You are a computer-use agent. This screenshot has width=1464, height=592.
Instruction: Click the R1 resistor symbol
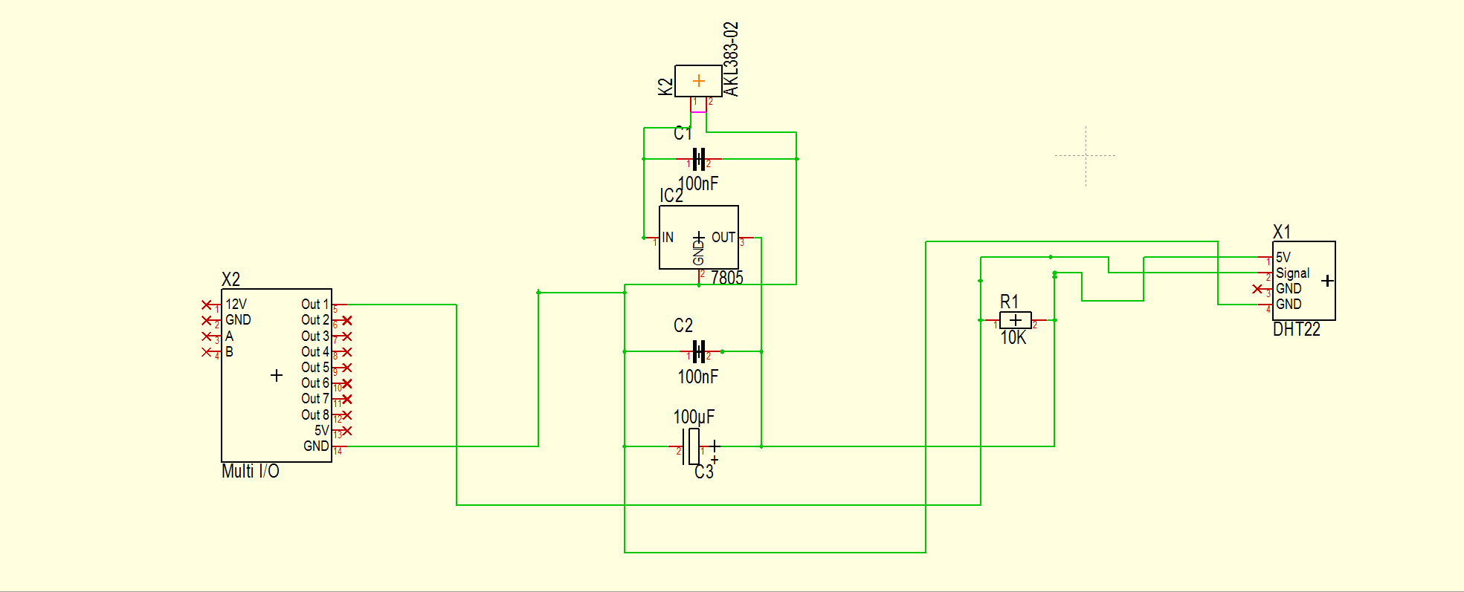pyautogui.click(x=1015, y=320)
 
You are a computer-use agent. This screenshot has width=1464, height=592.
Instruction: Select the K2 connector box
pyautogui.click(x=698, y=81)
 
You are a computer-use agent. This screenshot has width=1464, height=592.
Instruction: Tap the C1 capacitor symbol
pyautogui.click(x=698, y=159)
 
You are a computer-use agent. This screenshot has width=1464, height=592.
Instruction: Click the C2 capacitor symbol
pyautogui.click(x=698, y=351)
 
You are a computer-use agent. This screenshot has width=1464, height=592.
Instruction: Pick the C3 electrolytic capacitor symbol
pyautogui.click(x=692, y=446)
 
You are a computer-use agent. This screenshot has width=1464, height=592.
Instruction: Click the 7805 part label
pyautogui.click(x=726, y=278)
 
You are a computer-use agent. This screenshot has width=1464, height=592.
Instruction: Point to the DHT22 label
pyautogui.click(x=1297, y=330)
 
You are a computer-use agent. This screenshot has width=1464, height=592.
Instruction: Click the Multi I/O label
pyautogui.click(x=251, y=472)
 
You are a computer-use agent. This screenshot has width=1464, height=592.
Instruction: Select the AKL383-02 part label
pyautogui.click(x=731, y=59)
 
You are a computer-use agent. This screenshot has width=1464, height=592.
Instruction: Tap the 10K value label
pyautogui.click(x=1013, y=338)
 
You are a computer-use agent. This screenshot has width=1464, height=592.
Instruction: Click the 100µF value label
pyautogui.click(x=694, y=417)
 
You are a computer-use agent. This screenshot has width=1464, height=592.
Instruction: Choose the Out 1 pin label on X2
pyautogui.click(x=315, y=305)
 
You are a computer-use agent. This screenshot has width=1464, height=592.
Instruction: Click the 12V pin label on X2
pyautogui.click(x=236, y=305)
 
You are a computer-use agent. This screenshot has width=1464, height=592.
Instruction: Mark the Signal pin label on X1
pyautogui.click(x=1292, y=273)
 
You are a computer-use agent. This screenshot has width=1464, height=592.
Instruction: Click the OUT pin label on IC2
pyautogui.click(x=723, y=238)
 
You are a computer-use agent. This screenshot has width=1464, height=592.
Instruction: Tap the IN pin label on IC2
pyautogui.click(x=668, y=238)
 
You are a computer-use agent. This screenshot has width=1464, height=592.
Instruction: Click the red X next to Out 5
pyautogui.click(x=346, y=368)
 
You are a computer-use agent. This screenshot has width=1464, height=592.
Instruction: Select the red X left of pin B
pyautogui.click(x=207, y=352)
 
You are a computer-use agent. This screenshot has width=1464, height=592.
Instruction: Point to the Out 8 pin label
pyautogui.click(x=315, y=415)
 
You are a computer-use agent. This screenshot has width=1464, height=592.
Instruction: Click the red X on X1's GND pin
pyautogui.click(x=1257, y=289)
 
